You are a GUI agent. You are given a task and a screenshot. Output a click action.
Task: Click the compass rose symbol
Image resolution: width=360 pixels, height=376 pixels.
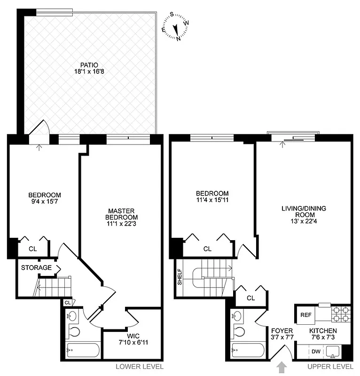pyautogui.click(x=175, y=27)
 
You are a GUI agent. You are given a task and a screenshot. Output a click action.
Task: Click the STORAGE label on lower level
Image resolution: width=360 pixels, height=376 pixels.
pyautogui.click(x=36, y=268)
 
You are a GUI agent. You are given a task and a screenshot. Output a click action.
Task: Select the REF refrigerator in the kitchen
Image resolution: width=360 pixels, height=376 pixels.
pyautogui.click(x=306, y=315)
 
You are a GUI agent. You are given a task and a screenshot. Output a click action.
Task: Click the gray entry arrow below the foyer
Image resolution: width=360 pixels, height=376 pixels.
pyautogui.click(x=282, y=366)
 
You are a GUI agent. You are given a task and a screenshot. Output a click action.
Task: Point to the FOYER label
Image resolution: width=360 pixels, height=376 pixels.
pyautogui.click(x=282, y=331)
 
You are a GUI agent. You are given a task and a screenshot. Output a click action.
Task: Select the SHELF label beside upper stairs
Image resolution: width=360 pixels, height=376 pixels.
pyautogui.click(x=180, y=277)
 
